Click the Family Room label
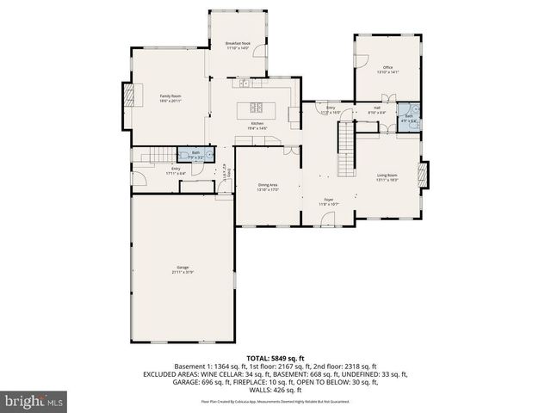(x=170, y=97)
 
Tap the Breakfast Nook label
(x=238, y=45)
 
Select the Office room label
(x=388, y=70)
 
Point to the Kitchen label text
(x=258, y=126)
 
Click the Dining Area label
(x=268, y=187)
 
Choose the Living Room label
(x=387, y=177)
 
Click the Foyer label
(x=329, y=202)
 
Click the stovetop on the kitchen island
(x=257, y=108)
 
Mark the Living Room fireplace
(x=422, y=174)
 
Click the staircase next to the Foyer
(x=346, y=146)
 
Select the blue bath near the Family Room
(x=190, y=155)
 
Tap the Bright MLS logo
(x=34, y=401)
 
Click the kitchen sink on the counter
(x=245, y=83)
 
